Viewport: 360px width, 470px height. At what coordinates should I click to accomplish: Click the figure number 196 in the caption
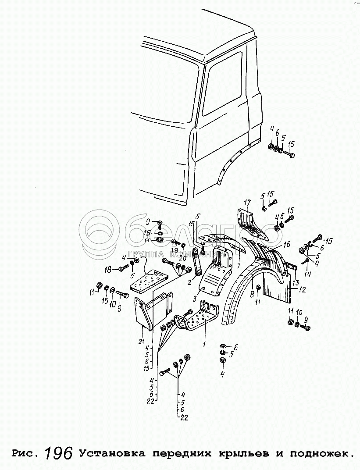pos(59,453)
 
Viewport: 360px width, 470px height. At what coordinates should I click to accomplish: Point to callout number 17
pos(247,202)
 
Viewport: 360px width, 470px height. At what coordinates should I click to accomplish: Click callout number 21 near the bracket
pos(141,342)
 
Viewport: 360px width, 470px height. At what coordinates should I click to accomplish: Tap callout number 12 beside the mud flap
pos(302,289)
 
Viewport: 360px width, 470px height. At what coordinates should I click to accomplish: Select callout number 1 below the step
pos(203,345)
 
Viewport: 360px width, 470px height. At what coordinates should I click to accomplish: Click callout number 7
pos(239,266)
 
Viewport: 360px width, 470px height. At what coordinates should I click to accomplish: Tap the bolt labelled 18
pos(123,268)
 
